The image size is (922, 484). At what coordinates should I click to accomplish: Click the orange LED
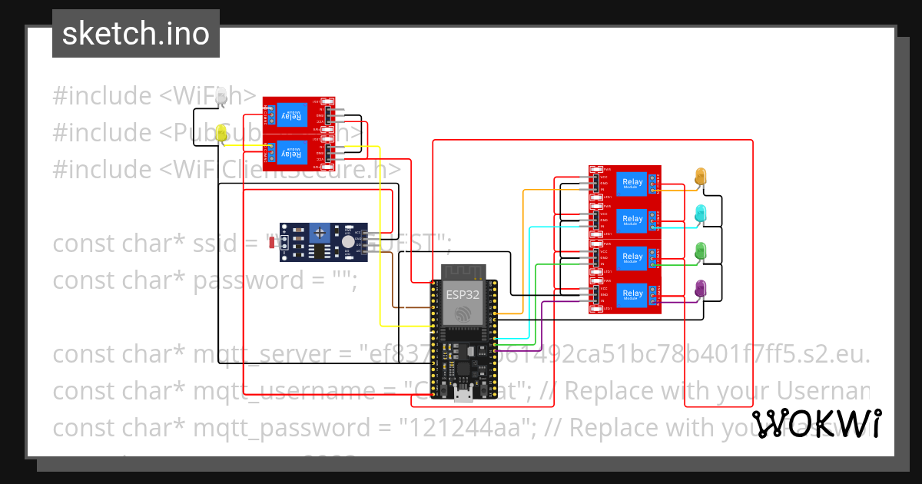point(700,176)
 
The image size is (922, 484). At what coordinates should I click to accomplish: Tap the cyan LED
point(700,214)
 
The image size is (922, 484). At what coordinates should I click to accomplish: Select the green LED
point(700,251)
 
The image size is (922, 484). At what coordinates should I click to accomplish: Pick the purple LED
point(700,288)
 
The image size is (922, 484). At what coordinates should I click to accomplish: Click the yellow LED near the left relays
point(222,132)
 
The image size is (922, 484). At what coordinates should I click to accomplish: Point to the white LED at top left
point(222,96)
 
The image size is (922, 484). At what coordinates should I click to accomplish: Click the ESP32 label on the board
point(458,293)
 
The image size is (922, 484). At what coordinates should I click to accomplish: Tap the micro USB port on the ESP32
point(463,395)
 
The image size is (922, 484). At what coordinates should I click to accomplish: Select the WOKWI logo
point(816,424)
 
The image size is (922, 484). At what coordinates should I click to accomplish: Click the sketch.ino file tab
point(136,34)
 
